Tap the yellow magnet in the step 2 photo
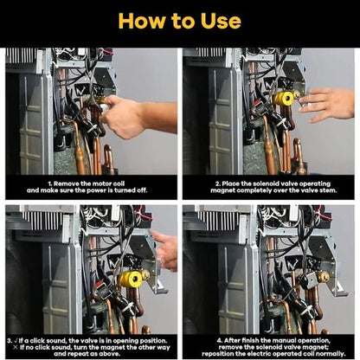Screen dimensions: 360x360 283,99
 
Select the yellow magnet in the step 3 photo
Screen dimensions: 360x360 131,279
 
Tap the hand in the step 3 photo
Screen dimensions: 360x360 165,250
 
